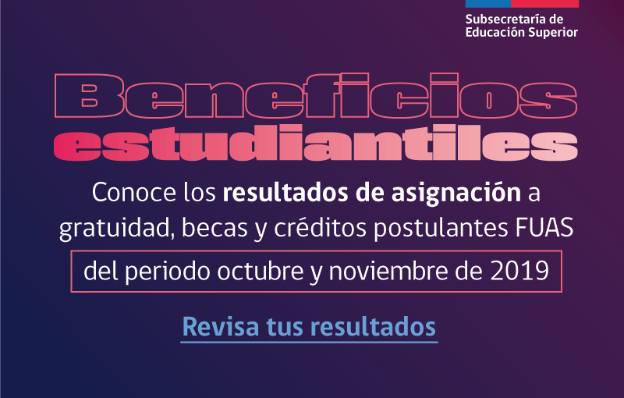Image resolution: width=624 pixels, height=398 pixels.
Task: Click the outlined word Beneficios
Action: pyautogui.click(x=316, y=96)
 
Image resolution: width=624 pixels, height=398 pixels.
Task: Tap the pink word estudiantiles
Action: pyautogui.click(x=316, y=144)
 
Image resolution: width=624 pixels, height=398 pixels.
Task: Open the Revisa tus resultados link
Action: pyautogui.click(x=309, y=328)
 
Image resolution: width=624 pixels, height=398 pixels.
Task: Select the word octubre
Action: pyautogui.click(x=261, y=271)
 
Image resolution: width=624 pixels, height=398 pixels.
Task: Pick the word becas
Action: pyautogui.click(x=215, y=228)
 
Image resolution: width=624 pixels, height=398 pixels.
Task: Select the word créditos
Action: pyautogui.click(x=320, y=228)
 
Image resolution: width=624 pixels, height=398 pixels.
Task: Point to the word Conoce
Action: pyautogui.click(x=134, y=193)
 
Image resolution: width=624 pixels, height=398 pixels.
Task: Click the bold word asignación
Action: pyautogui.click(x=456, y=194)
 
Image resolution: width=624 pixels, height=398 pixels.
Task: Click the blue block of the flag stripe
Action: pyautogui.click(x=488, y=4)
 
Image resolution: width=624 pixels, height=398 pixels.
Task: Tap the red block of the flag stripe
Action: pyautogui.click(x=544, y=4)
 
